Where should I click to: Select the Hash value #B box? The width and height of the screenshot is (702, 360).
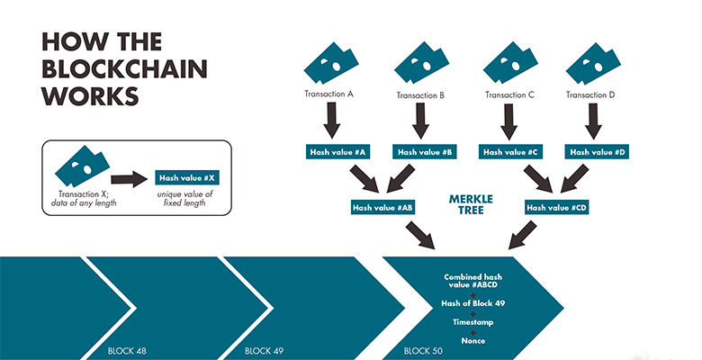pyautogui.click(x=423, y=152)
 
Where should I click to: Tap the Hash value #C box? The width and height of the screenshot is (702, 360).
pyautogui.click(x=509, y=152)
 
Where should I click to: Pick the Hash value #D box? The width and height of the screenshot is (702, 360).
pyautogui.click(x=596, y=152)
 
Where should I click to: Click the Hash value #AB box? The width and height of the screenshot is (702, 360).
pyautogui.click(x=382, y=207)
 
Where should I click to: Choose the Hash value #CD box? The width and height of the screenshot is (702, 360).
pyautogui.click(x=557, y=207)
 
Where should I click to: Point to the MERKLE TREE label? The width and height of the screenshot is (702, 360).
pyautogui.click(x=469, y=202)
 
